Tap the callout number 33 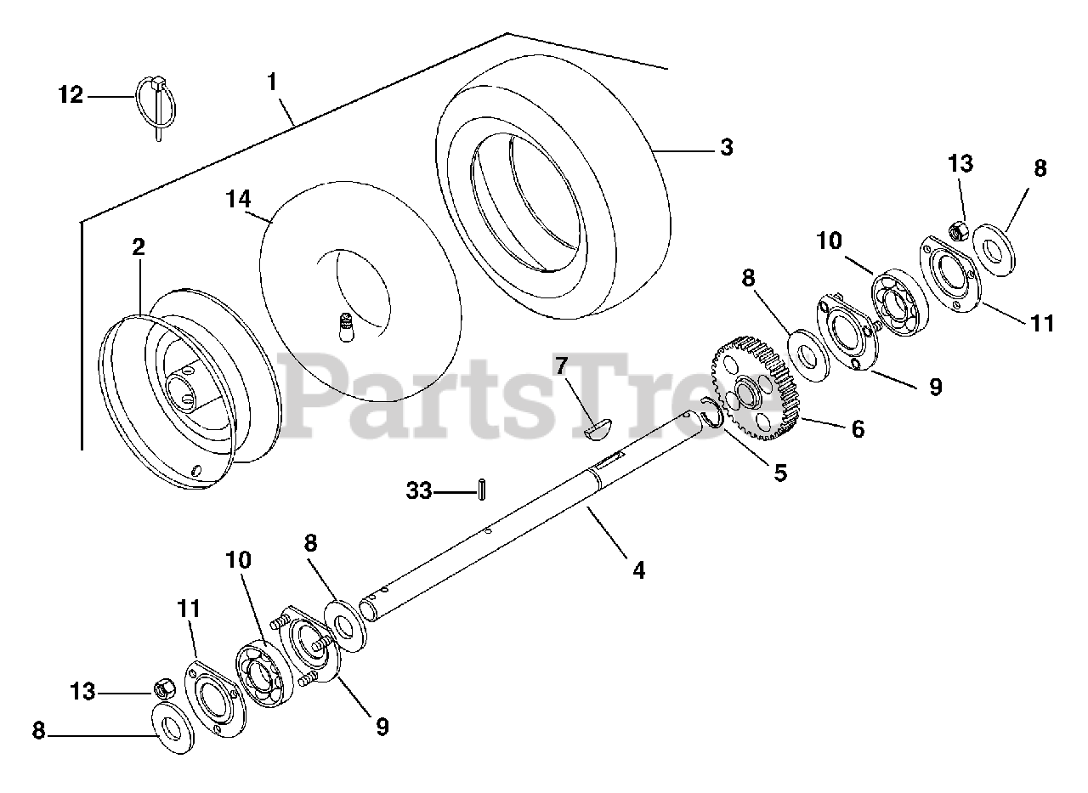pyautogui.click(x=418, y=490)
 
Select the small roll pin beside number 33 pyautogui.click(x=482, y=490)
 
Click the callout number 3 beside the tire pyautogui.click(x=726, y=147)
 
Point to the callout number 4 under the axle pyautogui.click(x=638, y=569)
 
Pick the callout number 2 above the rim pyautogui.click(x=138, y=247)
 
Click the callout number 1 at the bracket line pyautogui.click(x=271, y=82)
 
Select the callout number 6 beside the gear pyautogui.click(x=858, y=429)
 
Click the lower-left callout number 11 pyautogui.click(x=190, y=609)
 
